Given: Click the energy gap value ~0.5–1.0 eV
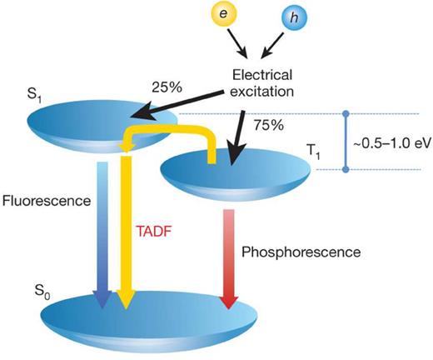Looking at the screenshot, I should pos(393,142).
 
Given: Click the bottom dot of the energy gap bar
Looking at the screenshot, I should pos(345,170).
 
